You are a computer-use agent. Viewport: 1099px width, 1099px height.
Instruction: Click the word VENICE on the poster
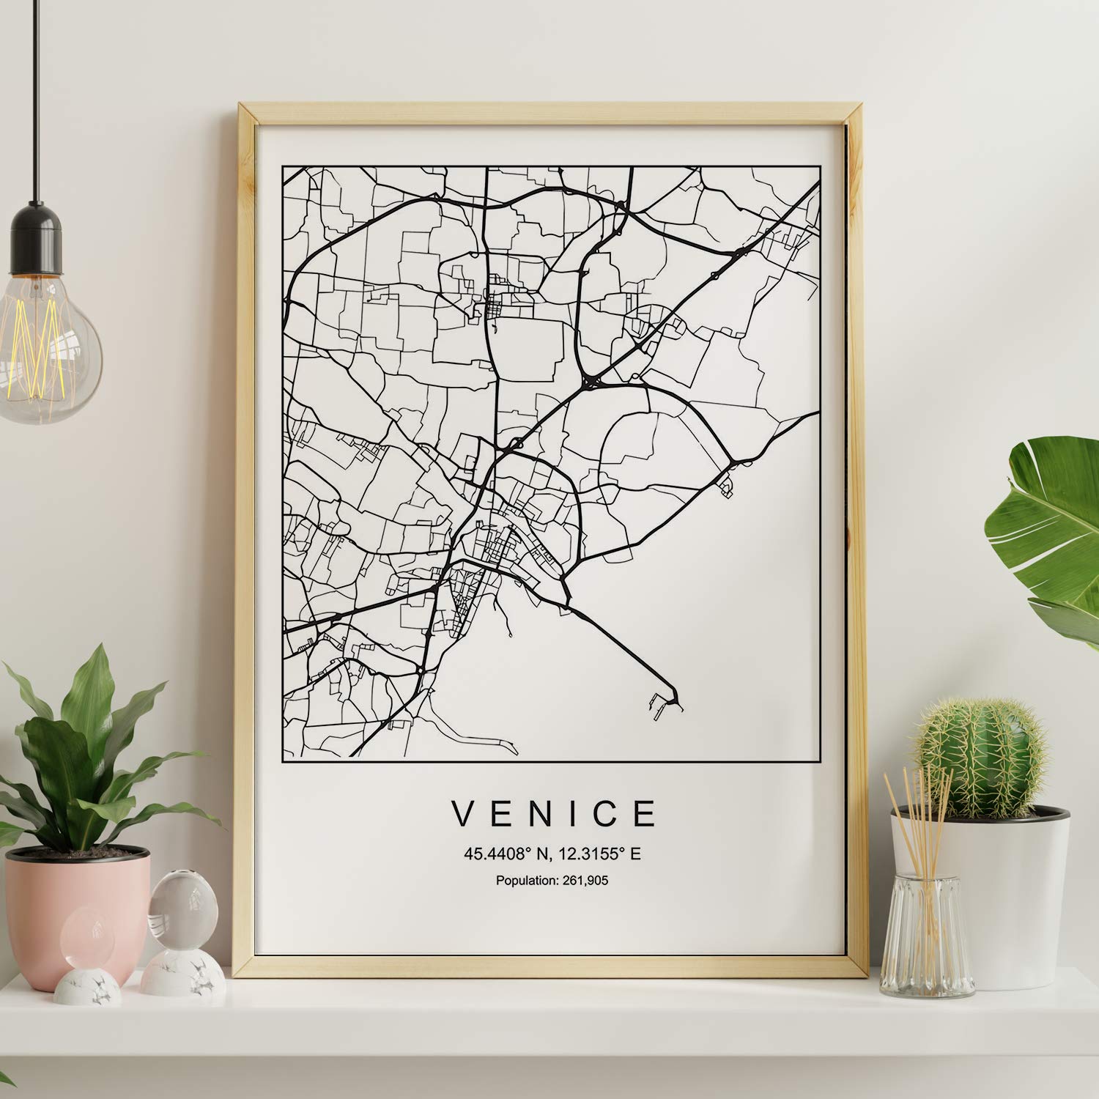[x=554, y=813]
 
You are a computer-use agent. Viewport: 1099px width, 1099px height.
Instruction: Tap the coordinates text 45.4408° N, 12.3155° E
[x=552, y=854]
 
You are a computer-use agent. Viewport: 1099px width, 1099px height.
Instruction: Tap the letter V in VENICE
[x=464, y=813]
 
